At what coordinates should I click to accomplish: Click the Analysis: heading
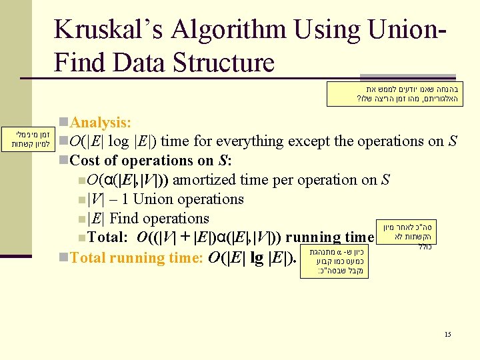tap(101, 123)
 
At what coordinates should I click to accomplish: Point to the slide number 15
tap(447, 334)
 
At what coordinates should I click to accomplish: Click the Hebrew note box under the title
tap(394, 94)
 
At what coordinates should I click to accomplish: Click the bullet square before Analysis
tap(63, 123)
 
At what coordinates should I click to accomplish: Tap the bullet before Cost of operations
tap(63, 161)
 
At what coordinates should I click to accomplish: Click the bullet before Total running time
tap(63, 257)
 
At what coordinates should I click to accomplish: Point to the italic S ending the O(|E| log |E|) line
tap(453, 141)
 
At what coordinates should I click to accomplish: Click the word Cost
tap(85, 161)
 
